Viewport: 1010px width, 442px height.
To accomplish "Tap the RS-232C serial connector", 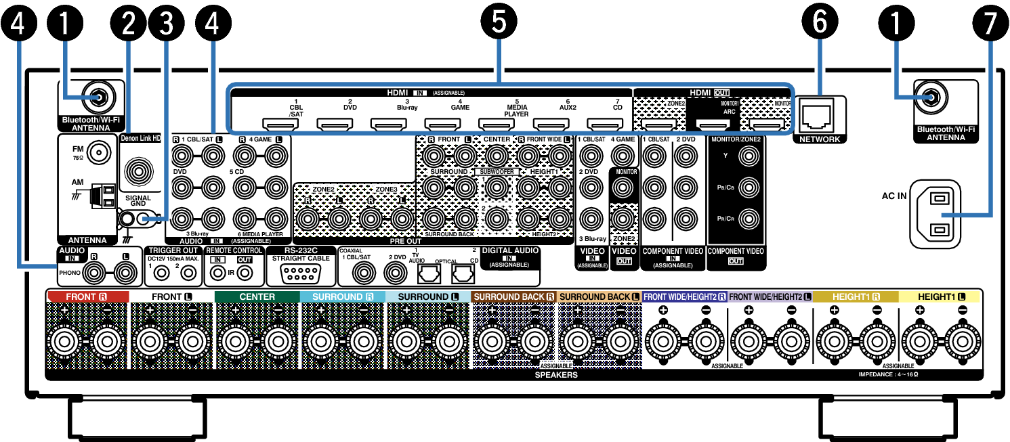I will click(x=301, y=273).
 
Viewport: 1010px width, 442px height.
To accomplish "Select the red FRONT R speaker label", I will click(x=87, y=296).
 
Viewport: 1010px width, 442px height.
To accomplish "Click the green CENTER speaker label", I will click(x=257, y=296).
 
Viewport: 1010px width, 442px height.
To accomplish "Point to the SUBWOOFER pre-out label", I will click(x=497, y=172).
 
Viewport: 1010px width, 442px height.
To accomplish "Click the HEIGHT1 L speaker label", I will click(x=939, y=296).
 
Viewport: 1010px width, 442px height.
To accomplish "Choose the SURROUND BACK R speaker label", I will click(x=514, y=296).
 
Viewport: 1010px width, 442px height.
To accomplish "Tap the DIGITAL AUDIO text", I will click(x=510, y=250).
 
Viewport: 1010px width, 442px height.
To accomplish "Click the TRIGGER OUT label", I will click(x=173, y=250).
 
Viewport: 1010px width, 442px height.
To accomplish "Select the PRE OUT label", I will click(x=406, y=241).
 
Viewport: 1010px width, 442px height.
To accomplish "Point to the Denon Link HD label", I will click(x=141, y=138).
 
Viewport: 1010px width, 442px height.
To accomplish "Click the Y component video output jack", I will click(x=748, y=156).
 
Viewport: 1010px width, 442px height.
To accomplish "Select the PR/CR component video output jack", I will click(x=748, y=219).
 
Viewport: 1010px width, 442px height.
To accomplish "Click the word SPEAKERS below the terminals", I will click(x=555, y=374).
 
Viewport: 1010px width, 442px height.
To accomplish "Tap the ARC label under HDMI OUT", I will click(x=730, y=112).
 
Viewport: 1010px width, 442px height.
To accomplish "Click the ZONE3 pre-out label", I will click(x=386, y=189).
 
